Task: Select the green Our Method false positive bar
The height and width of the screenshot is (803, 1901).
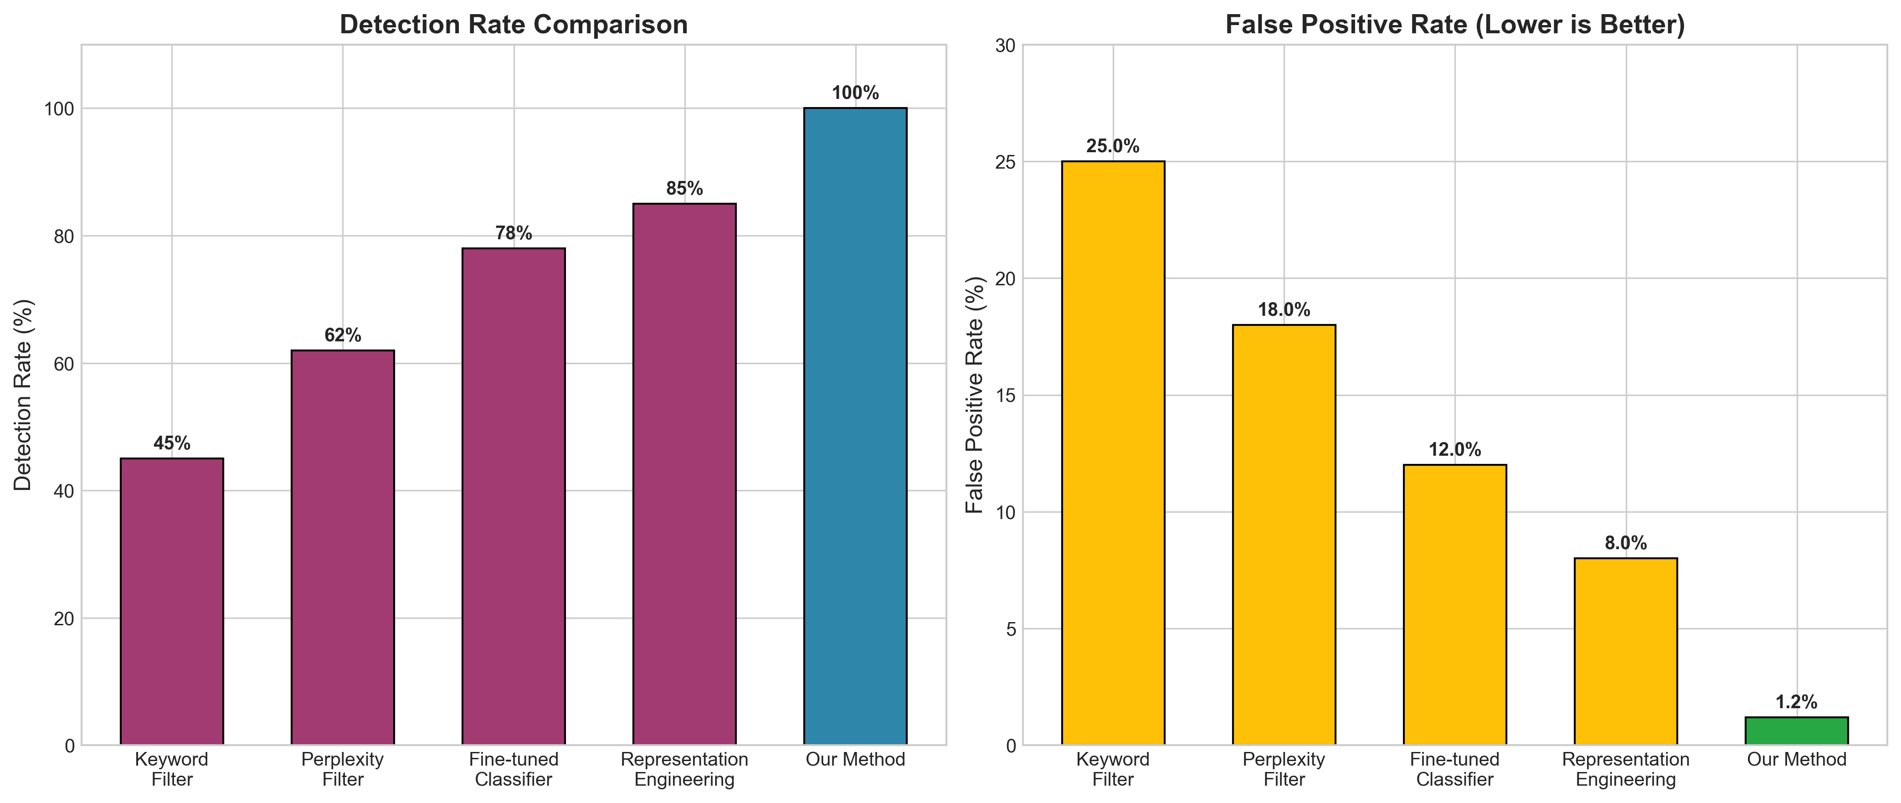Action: click(1796, 731)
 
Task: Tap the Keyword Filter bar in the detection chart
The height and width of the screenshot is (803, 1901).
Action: click(172, 602)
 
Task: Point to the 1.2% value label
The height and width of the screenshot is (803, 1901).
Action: click(1796, 703)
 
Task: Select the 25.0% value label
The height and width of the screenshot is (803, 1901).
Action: click(1113, 147)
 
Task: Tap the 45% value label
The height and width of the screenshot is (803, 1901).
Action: click(172, 443)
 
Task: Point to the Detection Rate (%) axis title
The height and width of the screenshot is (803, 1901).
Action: click(24, 395)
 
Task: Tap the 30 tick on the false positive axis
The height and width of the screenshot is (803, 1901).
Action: click(1005, 46)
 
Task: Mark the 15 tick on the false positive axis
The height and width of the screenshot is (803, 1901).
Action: click(1005, 396)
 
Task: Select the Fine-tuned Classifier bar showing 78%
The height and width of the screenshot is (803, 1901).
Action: click(514, 496)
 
